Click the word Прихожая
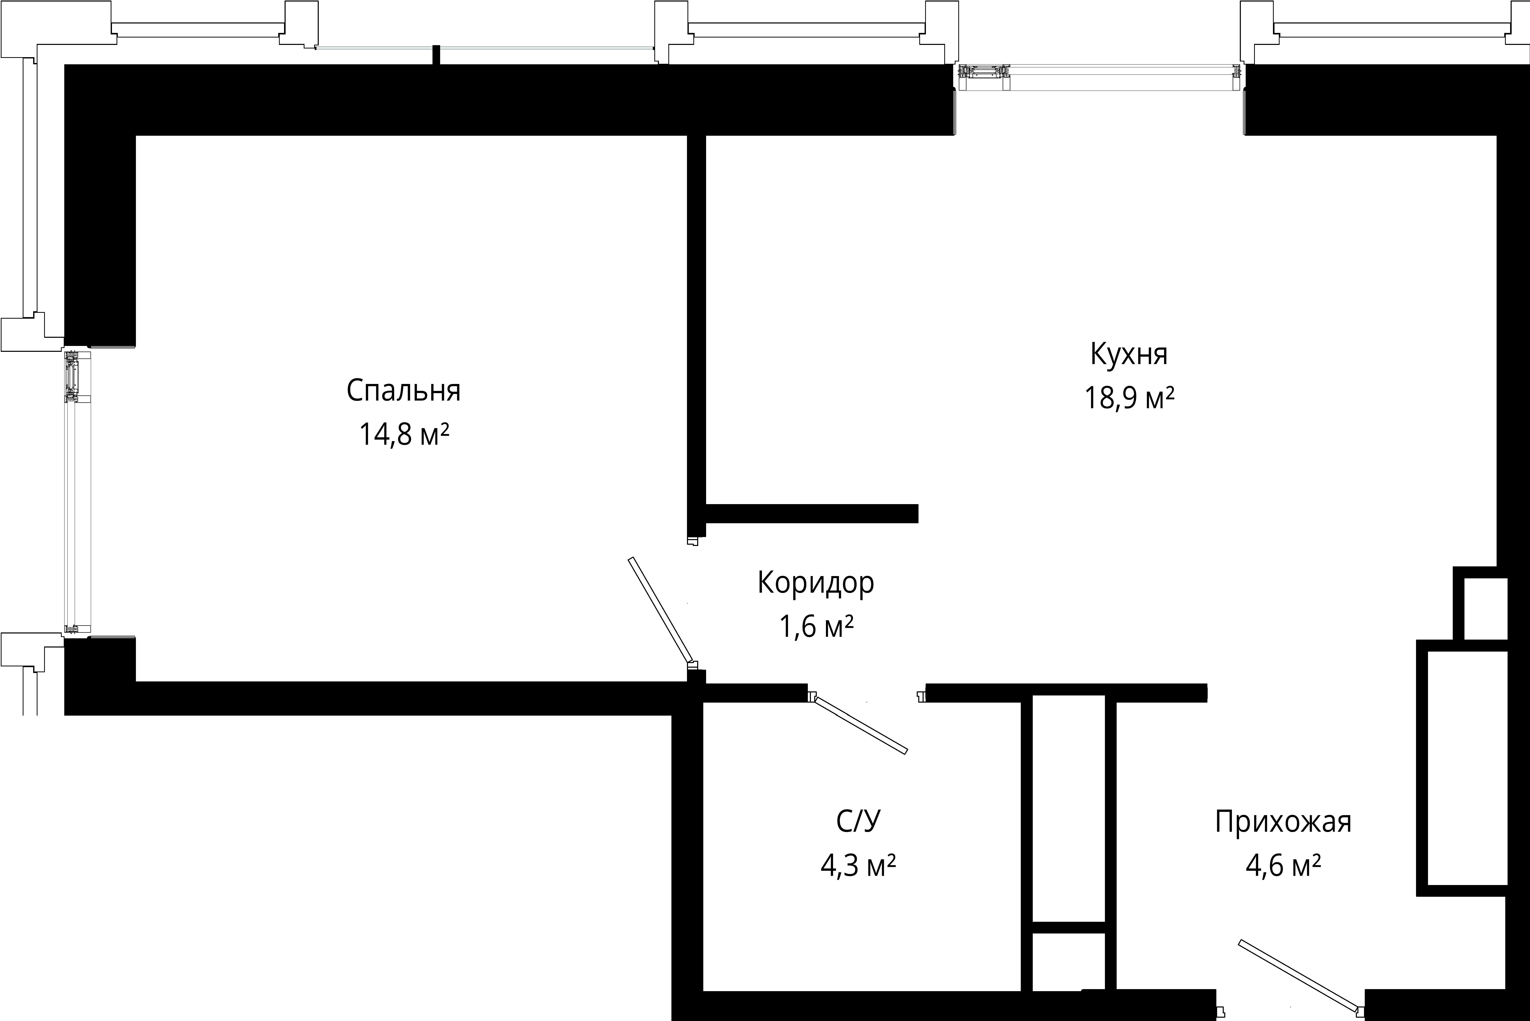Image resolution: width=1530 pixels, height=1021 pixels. [1283, 822]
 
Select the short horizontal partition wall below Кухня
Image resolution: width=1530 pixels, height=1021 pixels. [811, 514]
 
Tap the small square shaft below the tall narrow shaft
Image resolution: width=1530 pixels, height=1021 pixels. [1069, 962]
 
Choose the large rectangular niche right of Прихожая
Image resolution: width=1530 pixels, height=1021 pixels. [1467, 769]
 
